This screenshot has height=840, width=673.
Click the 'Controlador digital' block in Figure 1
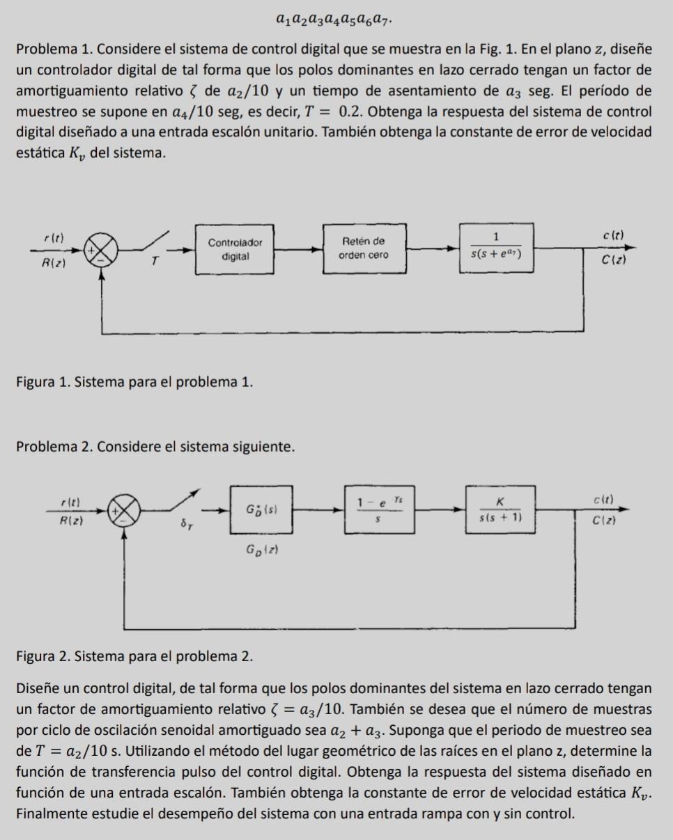235,249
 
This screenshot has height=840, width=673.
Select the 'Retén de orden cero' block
363,248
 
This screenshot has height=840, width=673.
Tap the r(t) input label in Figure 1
53,237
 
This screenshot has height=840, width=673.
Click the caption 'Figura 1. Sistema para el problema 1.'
134,381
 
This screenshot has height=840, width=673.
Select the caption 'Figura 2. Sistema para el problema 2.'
134,656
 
